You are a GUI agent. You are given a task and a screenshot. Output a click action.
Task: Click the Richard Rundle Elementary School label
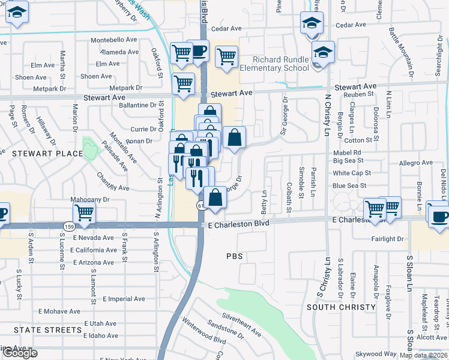pos(280,64)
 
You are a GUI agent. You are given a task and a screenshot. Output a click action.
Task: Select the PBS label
pos(234,256)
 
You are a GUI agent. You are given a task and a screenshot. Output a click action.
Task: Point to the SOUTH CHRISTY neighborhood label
pos(336,307)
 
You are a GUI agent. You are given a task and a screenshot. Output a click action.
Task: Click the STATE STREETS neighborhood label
pos(47,330)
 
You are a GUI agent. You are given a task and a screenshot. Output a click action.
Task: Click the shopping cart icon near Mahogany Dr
pos(84,212)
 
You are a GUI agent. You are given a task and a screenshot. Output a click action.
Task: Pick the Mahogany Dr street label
pos(90,199)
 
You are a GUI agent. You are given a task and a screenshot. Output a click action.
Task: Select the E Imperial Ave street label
pos(124,299)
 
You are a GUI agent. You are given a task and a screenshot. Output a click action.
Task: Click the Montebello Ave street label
pos(114,40)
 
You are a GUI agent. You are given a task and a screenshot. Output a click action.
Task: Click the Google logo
pos(19,353)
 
